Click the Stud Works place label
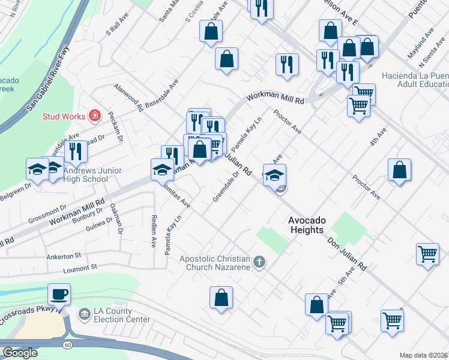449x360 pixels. coord(64,115)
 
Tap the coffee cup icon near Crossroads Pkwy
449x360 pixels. coord(59,295)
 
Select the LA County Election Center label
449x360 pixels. coord(122,316)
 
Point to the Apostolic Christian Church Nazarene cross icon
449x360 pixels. coord(259,261)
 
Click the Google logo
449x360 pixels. coord(19,353)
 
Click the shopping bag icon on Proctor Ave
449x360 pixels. coord(399,170)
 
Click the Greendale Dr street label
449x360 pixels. coord(226,185)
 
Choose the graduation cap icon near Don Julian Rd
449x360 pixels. coord(274,175)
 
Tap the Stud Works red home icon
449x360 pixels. coord(94,115)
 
